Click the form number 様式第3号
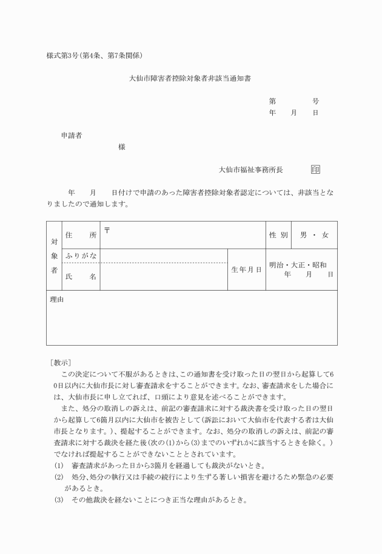(x=66, y=56)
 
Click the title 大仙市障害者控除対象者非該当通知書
(x=190, y=79)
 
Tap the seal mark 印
(x=315, y=170)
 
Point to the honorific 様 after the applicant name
(x=122, y=147)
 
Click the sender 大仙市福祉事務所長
(x=251, y=170)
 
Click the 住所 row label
(x=81, y=235)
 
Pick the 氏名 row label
(x=81, y=277)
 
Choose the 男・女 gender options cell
(x=314, y=235)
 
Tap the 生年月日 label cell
(x=246, y=269)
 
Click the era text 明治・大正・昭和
(x=298, y=265)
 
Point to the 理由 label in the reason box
(x=57, y=299)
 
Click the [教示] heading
(x=61, y=363)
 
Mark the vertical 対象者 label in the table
(x=53, y=256)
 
